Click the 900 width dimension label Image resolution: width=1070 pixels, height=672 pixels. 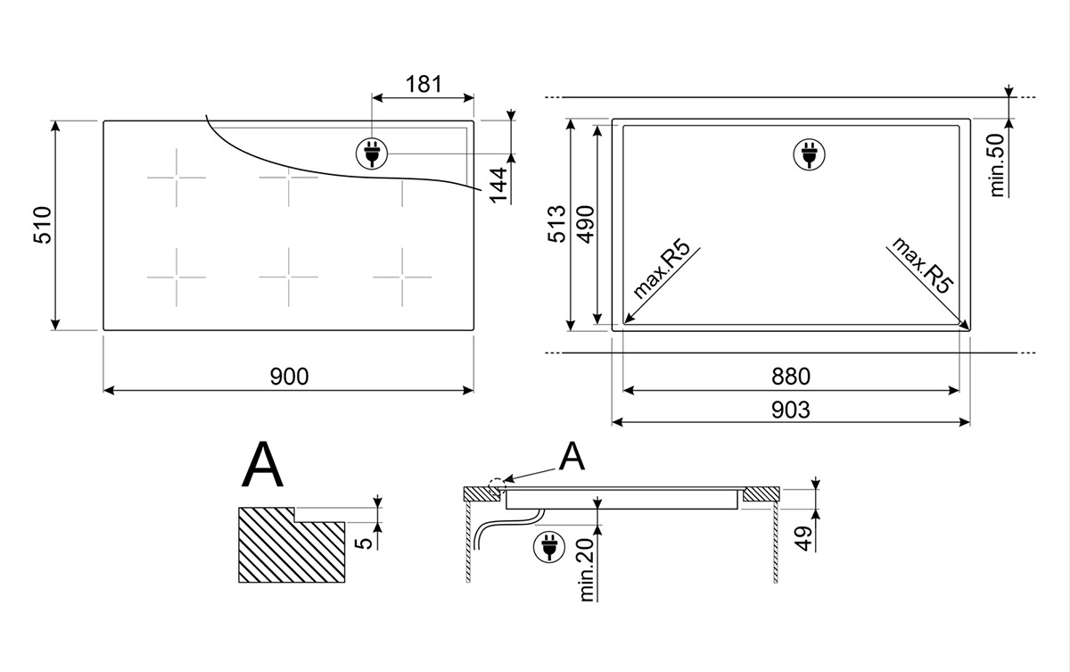point(290,377)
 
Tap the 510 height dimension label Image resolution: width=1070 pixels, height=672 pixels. point(43,225)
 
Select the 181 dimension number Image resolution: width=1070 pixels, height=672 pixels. point(424,85)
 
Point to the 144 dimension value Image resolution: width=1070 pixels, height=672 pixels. point(499,185)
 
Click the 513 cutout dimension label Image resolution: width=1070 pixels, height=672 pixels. point(556,224)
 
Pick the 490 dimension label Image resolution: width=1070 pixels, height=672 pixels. point(586,224)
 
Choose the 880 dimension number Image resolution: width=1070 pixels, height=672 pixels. point(791,377)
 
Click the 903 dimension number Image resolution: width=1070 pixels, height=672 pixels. point(791,411)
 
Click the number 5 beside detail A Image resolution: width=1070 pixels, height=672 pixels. point(365,543)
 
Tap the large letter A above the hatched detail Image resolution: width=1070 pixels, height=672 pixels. point(262,464)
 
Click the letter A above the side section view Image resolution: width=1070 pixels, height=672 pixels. point(572,456)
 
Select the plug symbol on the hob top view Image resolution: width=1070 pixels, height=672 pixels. point(372,153)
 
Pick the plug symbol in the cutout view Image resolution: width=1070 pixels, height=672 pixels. point(810,153)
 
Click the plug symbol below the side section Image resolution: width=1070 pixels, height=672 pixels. point(549,546)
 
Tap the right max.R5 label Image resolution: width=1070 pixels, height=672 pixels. point(922,265)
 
